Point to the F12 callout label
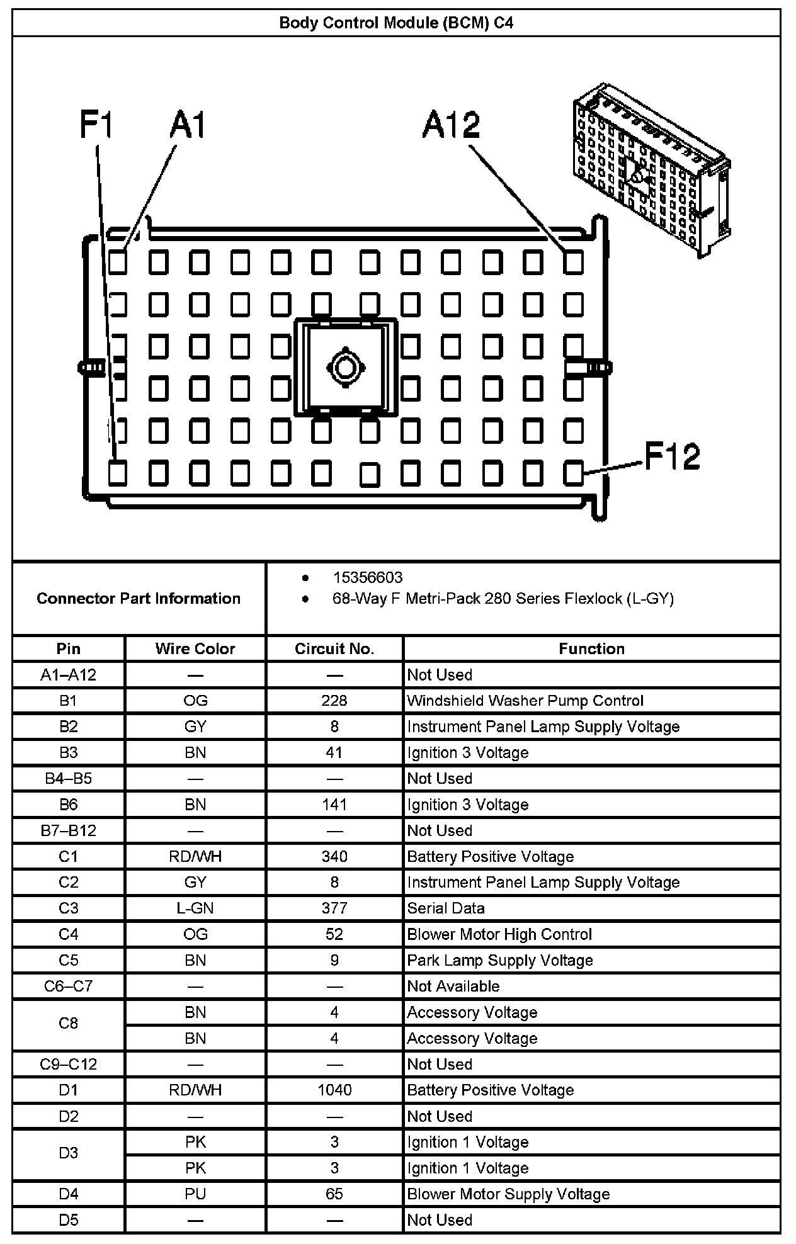(672, 456)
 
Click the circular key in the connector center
(344, 366)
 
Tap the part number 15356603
(367, 577)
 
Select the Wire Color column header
(195, 649)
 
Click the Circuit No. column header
(334, 649)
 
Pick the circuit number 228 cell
(334, 701)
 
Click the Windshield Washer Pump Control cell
(525, 701)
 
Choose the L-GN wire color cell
(195, 908)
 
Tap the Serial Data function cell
(446, 908)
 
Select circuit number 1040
(334, 1090)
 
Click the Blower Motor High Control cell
(499, 934)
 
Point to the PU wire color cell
(195, 1194)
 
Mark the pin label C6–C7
(68, 987)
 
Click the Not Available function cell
(453, 987)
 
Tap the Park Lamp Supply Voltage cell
(500, 961)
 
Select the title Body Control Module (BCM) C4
(396, 23)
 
